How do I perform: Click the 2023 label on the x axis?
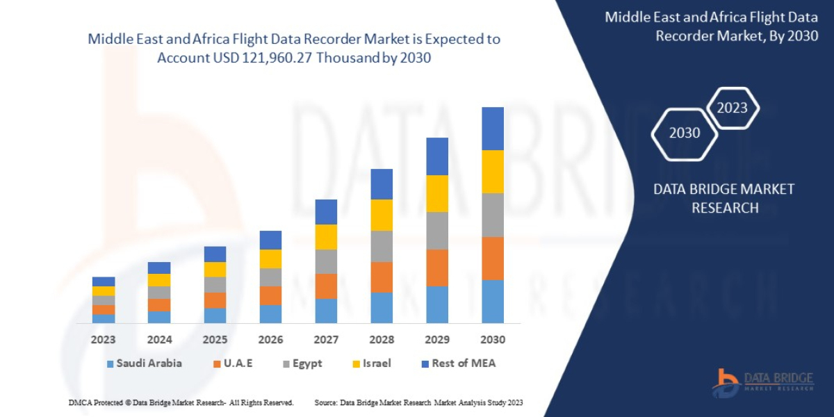click(104, 340)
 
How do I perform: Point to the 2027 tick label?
click(326, 340)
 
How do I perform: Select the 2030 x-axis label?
click(492, 340)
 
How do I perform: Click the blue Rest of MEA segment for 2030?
click(492, 129)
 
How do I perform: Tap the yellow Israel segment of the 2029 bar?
click(437, 193)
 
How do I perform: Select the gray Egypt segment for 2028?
click(382, 246)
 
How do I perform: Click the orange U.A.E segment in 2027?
click(326, 286)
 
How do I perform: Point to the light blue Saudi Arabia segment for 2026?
click(270, 314)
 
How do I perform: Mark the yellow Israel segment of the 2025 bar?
click(215, 269)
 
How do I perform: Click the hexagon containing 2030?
click(684, 133)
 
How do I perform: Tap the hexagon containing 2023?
click(732, 108)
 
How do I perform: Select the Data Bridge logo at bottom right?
click(762, 382)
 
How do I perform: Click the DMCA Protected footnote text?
click(181, 402)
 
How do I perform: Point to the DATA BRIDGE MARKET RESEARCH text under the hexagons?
click(724, 198)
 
